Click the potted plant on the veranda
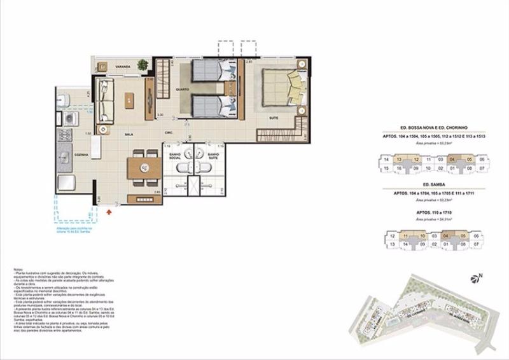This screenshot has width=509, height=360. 143,64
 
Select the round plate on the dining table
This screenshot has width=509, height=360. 144,168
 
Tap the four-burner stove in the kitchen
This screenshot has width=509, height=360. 65,135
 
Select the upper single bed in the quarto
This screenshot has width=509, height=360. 209,69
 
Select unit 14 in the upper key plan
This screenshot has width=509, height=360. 386,159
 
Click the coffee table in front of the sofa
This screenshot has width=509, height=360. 130,99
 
